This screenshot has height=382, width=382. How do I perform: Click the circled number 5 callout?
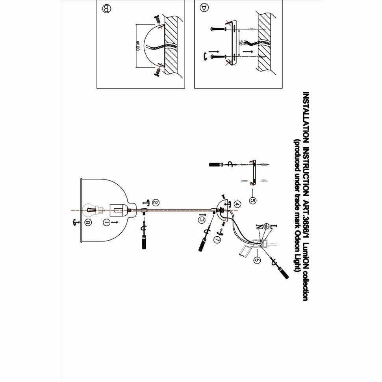point(252,200)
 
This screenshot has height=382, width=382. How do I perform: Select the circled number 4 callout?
point(237,204)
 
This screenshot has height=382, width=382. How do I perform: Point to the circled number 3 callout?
point(202,219)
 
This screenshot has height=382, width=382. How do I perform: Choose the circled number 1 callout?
point(106,223)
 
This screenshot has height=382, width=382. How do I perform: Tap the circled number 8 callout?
point(87,223)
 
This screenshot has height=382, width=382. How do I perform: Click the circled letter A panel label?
point(204,7)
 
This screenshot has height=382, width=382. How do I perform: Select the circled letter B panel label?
point(105,8)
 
